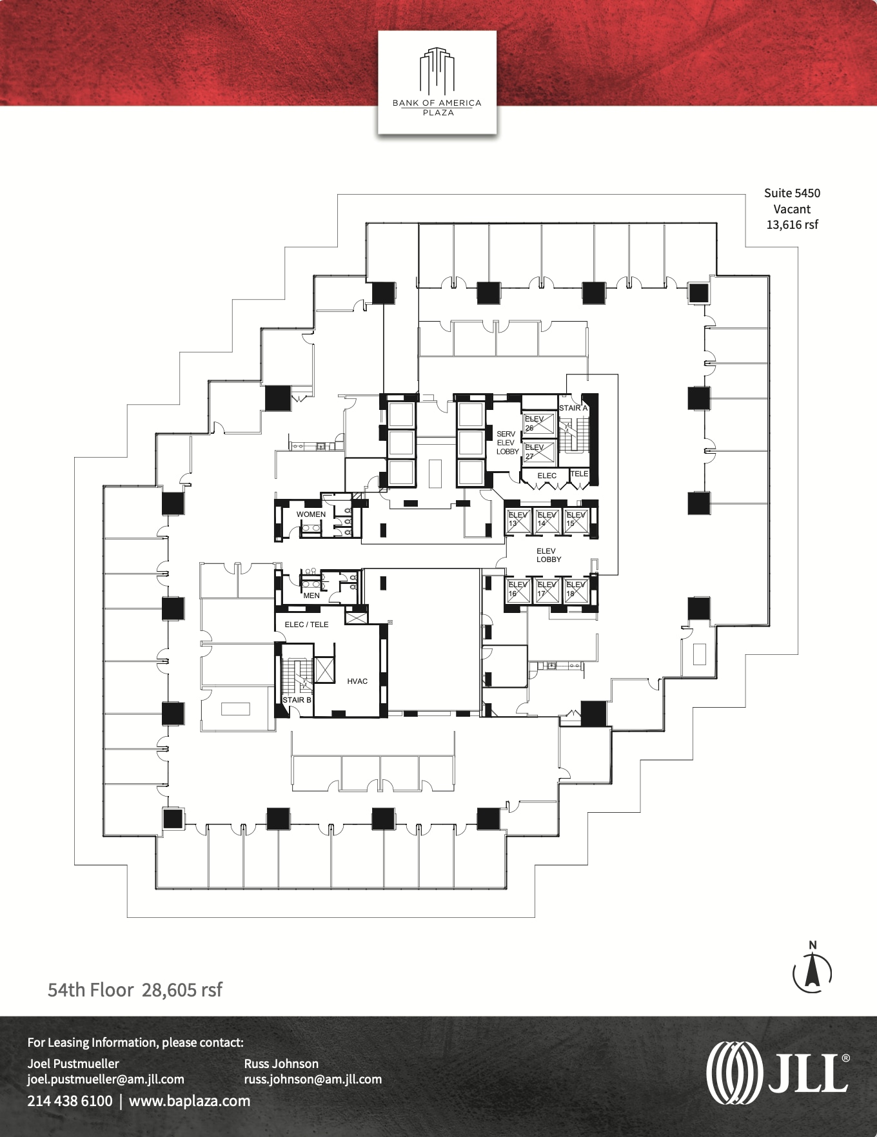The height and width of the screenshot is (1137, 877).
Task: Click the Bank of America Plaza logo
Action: pyautogui.click(x=437, y=82)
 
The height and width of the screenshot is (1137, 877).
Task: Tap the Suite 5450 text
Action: pyautogui.click(x=792, y=193)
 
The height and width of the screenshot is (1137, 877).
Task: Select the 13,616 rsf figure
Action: pyautogui.click(x=792, y=224)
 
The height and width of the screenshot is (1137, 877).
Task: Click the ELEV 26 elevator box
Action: pyautogui.click(x=539, y=423)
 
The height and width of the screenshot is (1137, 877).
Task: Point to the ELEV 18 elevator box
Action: pyautogui.click(x=576, y=589)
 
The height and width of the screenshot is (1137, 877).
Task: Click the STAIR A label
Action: pyautogui.click(x=573, y=408)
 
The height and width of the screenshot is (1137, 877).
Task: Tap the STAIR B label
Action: pyautogui.click(x=297, y=699)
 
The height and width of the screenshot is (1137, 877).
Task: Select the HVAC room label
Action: pyautogui.click(x=357, y=681)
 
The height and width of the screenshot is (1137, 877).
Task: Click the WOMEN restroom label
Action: pyautogui.click(x=311, y=514)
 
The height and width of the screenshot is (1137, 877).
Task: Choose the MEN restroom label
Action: pyautogui.click(x=311, y=596)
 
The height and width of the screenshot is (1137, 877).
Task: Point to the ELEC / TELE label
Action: pyautogui.click(x=306, y=625)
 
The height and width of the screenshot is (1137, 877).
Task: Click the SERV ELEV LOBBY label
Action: pyautogui.click(x=507, y=443)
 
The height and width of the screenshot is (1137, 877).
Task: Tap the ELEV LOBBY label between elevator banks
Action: pyautogui.click(x=548, y=555)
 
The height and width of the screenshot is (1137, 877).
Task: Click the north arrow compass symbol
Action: pyautogui.click(x=812, y=970)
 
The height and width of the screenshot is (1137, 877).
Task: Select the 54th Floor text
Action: pyautogui.click(x=91, y=989)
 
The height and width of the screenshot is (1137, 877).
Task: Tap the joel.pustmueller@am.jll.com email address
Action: pyautogui.click(x=106, y=1079)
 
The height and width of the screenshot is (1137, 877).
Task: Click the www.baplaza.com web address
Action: pyautogui.click(x=190, y=1101)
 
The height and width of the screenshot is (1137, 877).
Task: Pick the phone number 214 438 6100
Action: pyautogui.click(x=70, y=1101)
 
